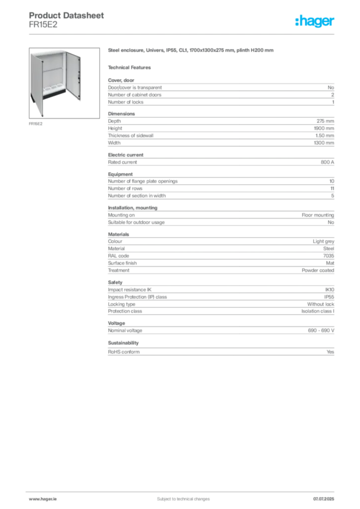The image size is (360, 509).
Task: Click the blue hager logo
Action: (315, 22)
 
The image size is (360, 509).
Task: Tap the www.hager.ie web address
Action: (42, 499)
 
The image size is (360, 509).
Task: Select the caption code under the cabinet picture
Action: (35, 124)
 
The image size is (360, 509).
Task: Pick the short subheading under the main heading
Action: (131, 67)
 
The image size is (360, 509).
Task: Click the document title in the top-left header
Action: (68, 15)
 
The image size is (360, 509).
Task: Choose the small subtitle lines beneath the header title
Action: (44, 26)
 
